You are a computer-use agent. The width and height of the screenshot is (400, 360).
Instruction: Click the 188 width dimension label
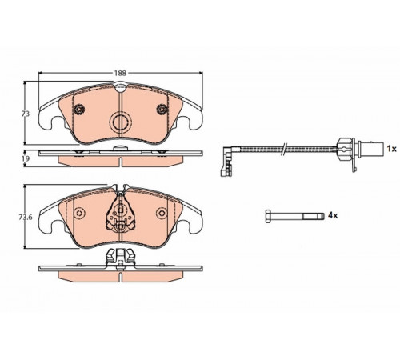pos(120,73)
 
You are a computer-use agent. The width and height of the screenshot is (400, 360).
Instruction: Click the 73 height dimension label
pos(26,114)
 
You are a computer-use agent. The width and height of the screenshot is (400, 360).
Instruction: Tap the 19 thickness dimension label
pos(26,158)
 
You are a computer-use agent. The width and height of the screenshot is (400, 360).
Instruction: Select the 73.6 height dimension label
pos(26,218)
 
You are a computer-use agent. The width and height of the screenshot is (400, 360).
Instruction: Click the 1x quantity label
pos(392,149)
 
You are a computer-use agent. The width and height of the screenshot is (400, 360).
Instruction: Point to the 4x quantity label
pos(333,215)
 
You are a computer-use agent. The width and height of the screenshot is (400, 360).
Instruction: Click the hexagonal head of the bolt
pos(268,216)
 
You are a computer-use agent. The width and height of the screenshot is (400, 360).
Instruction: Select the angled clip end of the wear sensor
pos(226,162)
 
